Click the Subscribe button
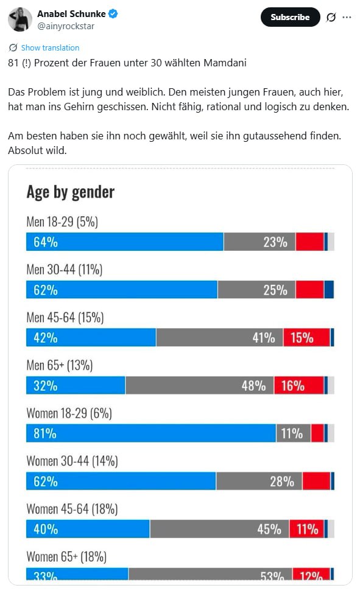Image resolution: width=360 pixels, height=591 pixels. tap(290, 17)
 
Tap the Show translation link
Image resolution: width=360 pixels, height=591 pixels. tap(50, 48)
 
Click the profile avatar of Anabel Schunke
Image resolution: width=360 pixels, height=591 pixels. tap(20, 19)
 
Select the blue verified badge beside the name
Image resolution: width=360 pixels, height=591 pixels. tap(113, 14)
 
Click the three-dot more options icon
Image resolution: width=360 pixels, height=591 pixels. tap(347, 17)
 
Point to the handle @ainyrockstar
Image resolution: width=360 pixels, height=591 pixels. tap(66, 26)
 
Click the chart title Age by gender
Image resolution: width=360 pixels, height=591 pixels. tap(71, 192)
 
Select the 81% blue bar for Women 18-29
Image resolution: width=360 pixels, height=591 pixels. tap(151, 433)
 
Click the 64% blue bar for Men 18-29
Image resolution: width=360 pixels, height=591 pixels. tap(125, 242)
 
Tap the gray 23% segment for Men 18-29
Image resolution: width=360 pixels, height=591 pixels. tap(259, 242)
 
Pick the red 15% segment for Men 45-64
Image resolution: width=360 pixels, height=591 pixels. tap(306, 337)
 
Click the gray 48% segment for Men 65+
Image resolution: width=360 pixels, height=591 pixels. tap(200, 385)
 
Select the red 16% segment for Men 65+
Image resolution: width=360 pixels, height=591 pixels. tap(299, 385)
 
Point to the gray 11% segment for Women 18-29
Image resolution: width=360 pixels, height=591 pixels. tap(294, 433)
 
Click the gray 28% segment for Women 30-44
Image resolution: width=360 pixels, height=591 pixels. tap(259, 481)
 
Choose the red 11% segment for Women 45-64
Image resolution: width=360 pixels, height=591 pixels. tap(307, 529)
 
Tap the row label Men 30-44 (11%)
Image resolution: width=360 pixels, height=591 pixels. tap(65, 270)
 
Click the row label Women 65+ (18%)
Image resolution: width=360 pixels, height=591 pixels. tap(66, 557)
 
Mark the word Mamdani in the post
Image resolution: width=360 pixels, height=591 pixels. tap(225, 63)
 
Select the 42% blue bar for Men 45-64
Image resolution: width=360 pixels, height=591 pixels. tap(91, 337)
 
